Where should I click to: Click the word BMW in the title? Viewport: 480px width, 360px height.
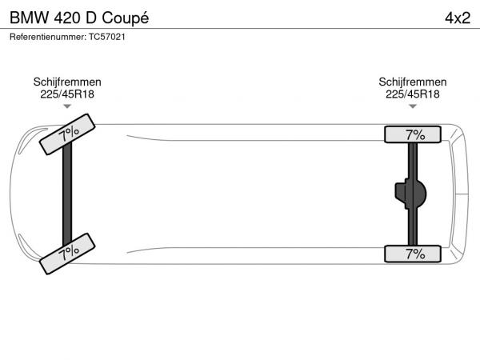(x=30, y=18)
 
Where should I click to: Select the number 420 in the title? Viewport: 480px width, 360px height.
(x=67, y=18)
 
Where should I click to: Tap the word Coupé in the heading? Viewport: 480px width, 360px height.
(x=126, y=18)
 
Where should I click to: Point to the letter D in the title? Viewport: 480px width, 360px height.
(x=91, y=18)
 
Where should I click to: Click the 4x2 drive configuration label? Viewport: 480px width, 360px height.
(x=458, y=18)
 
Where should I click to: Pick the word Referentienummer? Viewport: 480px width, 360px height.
(x=48, y=37)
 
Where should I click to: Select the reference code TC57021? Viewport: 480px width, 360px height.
(x=107, y=37)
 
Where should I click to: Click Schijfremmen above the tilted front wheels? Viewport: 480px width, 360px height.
(x=67, y=82)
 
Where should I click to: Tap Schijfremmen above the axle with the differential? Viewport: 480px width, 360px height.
(x=413, y=82)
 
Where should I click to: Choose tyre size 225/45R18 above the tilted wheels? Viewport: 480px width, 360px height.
(x=67, y=94)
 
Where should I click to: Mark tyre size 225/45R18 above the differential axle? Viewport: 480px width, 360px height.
(x=413, y=94)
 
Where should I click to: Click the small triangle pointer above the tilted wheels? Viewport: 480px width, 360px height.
(x=67, y=106)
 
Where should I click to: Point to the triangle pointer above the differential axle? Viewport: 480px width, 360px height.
(x=413, y=106)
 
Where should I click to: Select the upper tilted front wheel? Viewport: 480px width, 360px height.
(x=67, y=134)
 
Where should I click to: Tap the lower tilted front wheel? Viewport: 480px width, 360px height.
(x=67, y=254)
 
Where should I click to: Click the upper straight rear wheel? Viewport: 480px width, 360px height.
(x=413, y=134)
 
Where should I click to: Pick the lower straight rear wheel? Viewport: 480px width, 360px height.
(x=413, y=254)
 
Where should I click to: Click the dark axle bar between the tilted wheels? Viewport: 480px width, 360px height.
(x=67, y=194)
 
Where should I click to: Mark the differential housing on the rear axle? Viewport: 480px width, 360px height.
(x=410, y=194)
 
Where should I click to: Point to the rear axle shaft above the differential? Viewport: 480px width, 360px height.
(x=413, y=161)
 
